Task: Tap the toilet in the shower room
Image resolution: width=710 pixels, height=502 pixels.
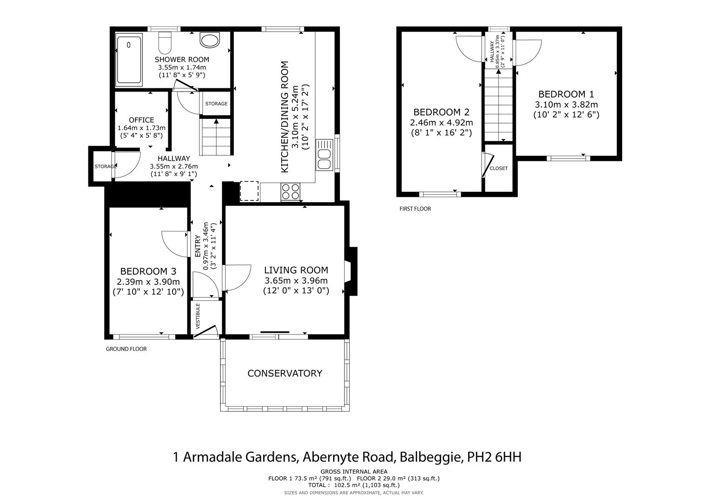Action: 165,43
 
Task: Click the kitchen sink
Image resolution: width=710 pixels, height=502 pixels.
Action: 324,155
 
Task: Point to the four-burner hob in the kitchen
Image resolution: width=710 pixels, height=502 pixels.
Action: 291,192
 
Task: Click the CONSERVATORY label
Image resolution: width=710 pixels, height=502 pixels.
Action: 285,373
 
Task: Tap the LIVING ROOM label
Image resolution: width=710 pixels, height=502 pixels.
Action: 296,270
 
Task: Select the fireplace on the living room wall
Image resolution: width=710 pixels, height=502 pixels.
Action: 352,271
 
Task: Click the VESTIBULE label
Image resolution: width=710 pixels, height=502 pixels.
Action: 198,316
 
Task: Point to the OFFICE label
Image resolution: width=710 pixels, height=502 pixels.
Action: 141,120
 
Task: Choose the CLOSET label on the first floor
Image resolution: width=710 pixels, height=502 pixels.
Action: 498,168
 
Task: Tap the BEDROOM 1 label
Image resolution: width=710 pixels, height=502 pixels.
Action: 566,94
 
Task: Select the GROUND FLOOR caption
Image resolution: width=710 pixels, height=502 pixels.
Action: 126,349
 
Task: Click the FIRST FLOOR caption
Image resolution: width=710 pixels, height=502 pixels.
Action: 415,209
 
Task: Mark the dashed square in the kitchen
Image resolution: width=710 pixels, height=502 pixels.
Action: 249,191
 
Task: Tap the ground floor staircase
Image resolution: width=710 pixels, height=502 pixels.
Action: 216,137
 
